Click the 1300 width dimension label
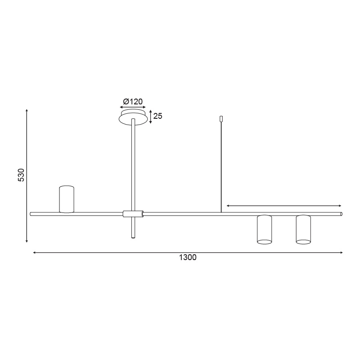188,257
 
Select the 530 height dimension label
21,175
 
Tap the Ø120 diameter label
133,101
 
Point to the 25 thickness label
158,116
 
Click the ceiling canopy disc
133,117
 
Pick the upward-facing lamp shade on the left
67,199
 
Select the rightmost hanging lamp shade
303,229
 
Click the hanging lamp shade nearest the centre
265,229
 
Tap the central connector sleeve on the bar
133,214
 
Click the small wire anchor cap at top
221,119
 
